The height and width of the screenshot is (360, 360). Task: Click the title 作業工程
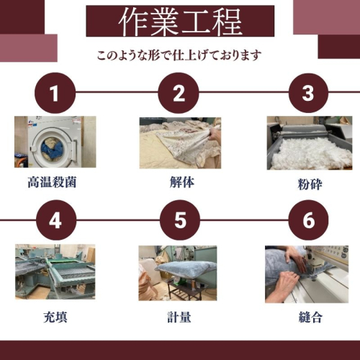[180, 22]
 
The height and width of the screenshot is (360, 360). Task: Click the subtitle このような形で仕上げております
[179, 55]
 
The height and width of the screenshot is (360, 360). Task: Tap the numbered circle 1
[55, 93]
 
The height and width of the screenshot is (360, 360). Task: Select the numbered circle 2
[179, 93]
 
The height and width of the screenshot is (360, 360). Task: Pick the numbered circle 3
[308, 93]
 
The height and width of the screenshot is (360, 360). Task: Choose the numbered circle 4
[55, 220]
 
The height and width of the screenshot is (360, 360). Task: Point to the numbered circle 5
[180, 220]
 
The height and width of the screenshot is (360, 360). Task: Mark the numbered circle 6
[308, 220]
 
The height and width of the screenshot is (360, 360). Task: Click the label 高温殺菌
[52, 182]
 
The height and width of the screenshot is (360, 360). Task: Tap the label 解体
[182, 182]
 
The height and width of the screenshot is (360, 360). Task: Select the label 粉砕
[310, 184]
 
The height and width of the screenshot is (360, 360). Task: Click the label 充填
[55, 317]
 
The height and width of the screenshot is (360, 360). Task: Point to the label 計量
[179, 317]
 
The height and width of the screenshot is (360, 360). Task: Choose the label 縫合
[310, 317]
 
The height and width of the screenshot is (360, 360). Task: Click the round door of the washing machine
[53, 148]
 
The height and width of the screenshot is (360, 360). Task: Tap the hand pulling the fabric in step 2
[215, 135]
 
